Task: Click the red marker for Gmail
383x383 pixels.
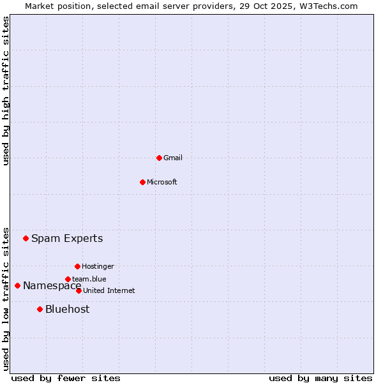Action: tap(159, 158)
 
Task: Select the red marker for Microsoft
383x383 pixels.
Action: tap(142, 182)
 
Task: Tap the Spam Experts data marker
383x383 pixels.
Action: tap(26, 239)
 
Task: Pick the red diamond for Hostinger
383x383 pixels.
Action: tap(77, 266)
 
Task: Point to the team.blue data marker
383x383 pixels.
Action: tap(68, 279)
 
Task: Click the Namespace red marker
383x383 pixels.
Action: tap(17, 285)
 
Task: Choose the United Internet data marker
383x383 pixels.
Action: tap(79, 290)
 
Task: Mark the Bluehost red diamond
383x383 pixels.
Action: tap(40, 309)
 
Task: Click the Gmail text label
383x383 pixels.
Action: tap(173, 158)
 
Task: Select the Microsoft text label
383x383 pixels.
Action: tap(162, 182)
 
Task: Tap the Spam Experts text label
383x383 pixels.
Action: tap(67, 239)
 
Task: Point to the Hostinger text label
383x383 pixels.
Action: tap(98, 266)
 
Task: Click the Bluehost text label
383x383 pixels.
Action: tap(67, 309)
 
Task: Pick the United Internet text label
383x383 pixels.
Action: tap(109, 290)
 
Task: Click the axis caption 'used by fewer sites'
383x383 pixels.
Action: tap(66, 378)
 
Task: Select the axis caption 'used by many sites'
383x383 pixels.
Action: tap(320, 378)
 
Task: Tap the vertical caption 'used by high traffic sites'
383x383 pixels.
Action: tap(6, 91)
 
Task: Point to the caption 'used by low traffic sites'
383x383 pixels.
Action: tap(6, 299)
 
